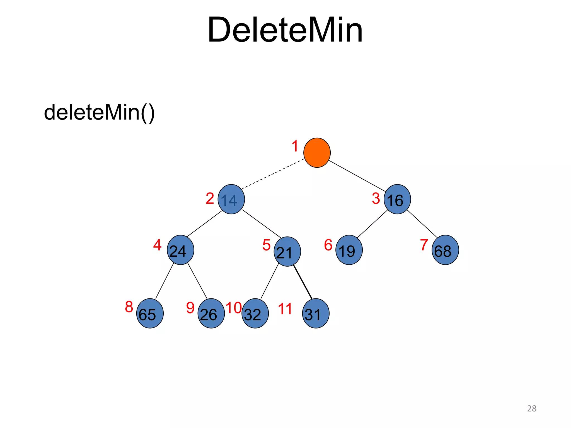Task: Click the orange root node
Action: (317, 152)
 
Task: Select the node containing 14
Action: (231, 199)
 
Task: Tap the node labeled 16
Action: (397, 199)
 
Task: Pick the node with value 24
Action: (180, 250)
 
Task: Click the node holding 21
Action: (287, 252)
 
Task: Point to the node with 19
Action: (349, 250)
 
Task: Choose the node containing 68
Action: (445, 250)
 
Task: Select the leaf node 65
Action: (150, 313)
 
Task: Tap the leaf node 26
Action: (211, 313)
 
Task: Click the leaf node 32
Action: (255, 313)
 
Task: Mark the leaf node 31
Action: (315, 313)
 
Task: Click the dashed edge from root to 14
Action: (273, 174)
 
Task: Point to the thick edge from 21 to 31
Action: (303, 282)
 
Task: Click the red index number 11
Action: (285, 309)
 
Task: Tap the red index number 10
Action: (234, 308)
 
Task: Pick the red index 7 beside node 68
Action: (424, 245)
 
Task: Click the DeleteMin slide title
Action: (285, 30)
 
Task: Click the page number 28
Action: (531, 408)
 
